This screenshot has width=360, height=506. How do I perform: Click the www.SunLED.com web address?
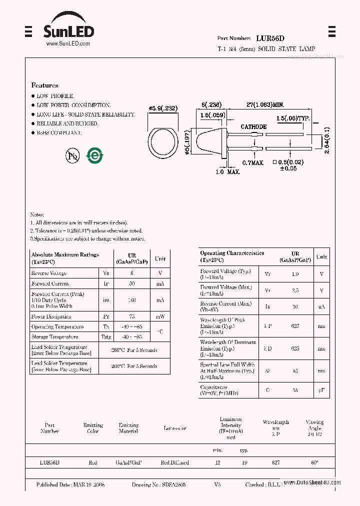pos(68,44)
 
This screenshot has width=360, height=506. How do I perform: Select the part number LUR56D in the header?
pos(270,38)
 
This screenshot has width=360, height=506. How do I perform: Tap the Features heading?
pos(44,85)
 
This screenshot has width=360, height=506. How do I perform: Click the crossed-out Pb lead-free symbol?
pos(73,156)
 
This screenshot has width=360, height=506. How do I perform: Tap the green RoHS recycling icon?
pos(94,155)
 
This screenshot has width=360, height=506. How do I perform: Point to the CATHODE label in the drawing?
pos(253,127)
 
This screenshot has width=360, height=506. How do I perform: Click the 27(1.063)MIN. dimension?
pos(265,105)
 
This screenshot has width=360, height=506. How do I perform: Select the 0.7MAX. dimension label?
pos(253,163)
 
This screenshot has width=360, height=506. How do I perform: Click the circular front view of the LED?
pos(163,141)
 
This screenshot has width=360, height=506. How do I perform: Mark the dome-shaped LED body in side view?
pos(210,141)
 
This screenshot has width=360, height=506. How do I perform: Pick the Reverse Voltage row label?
pos(49,273)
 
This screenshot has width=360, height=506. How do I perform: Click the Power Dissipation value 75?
pos(132,316)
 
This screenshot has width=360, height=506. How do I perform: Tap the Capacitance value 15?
pos(295,390)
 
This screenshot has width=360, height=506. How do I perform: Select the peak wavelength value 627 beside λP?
pos(295,325)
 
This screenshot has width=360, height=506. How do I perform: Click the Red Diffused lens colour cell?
pos(174,462)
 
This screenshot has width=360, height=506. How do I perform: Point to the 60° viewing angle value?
pos(314,462)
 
